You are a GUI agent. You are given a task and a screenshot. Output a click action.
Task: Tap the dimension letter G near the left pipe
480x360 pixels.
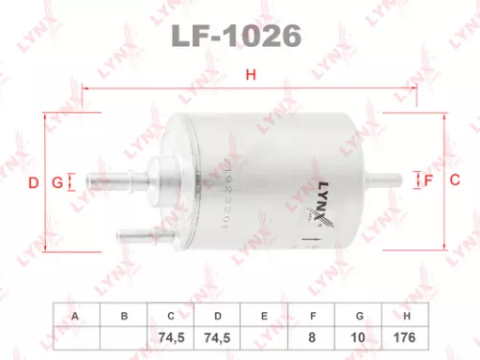tap(57, 181)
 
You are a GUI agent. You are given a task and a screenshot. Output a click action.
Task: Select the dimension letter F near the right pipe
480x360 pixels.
tap(428, 180)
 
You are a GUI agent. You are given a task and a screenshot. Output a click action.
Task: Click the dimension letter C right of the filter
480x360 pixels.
tap(456, 180)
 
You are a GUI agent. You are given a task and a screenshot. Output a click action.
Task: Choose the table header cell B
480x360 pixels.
tap(123, 314)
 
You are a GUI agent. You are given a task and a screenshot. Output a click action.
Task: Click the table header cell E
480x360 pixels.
tap(265, 314)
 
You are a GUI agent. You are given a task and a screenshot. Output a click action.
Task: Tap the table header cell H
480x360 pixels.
tap(408, 314)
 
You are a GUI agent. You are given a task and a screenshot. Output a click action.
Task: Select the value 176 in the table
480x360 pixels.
tap(408, 337)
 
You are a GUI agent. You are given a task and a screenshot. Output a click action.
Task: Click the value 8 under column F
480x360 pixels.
tap(313, 337)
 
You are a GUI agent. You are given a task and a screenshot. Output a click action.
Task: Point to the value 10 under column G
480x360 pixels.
tap(360, 337)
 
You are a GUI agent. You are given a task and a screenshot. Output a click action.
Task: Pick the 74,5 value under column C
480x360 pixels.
tap(170, 337)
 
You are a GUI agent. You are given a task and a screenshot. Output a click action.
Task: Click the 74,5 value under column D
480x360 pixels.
tap(218, 337)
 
